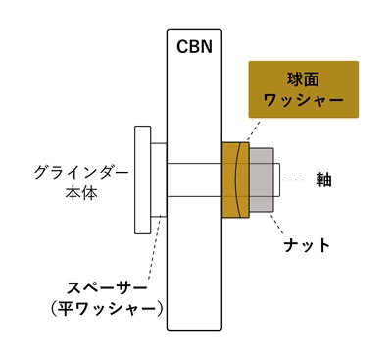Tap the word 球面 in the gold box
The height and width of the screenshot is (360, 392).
(x=303, y=78)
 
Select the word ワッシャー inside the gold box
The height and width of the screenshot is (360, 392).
(x=303, y=100)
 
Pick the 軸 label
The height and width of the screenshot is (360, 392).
(x=323, y=180)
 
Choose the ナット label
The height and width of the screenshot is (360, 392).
(x=307, y=244)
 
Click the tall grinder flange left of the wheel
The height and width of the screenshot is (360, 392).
(x=143, y=180)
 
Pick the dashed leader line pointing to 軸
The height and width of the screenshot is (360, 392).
(x=299, y=180)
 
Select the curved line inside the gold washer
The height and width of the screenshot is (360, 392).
(x=241, y=180)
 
